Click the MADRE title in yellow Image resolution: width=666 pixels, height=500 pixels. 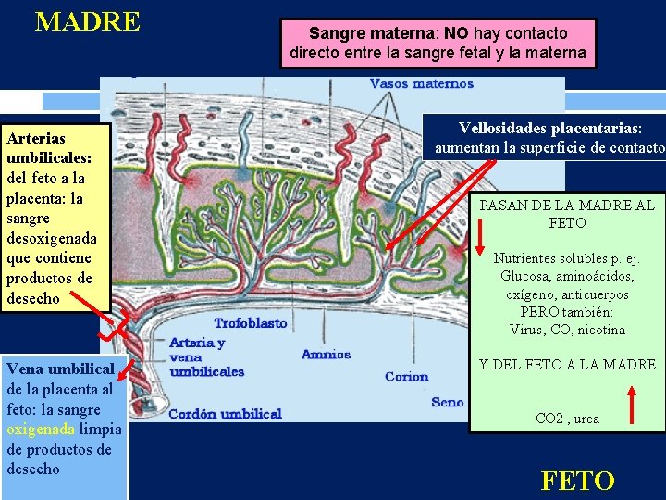coord(87,21)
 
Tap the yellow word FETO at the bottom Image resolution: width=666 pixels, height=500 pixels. coord(577,481)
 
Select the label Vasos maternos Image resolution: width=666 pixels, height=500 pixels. coord(421,83)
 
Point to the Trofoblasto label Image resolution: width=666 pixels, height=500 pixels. coord(251,323)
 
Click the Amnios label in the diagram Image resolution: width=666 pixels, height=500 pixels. coord(326,355)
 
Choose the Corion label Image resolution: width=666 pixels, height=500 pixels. coord(407,376)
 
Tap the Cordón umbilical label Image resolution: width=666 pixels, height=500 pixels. coord(225,414)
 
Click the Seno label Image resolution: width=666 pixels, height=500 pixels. coord(448,402)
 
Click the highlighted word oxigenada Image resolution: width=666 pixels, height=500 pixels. coord(42,430)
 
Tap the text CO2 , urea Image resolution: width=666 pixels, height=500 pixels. coord(567,419)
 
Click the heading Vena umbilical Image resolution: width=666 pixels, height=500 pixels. coord(60,369)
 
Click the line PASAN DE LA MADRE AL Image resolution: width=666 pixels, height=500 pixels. coord(566,205)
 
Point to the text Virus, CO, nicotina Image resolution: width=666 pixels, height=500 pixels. coord(567,330)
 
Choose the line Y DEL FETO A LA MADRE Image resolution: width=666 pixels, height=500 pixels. coord(567,364)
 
